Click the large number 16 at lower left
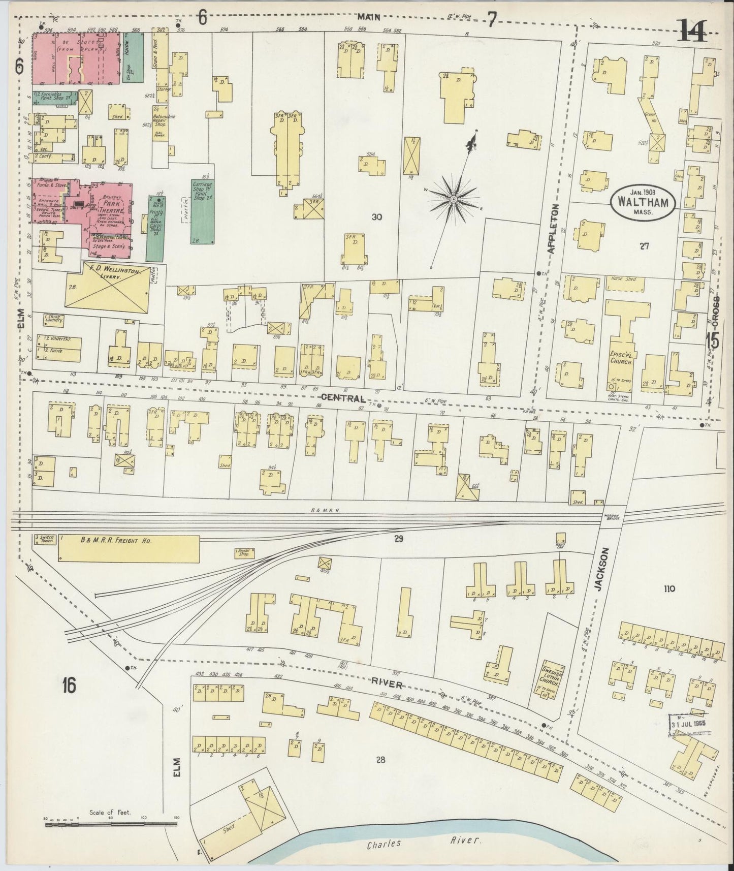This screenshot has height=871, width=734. click(70, 686)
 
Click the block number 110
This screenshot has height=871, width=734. click(668, 589)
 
